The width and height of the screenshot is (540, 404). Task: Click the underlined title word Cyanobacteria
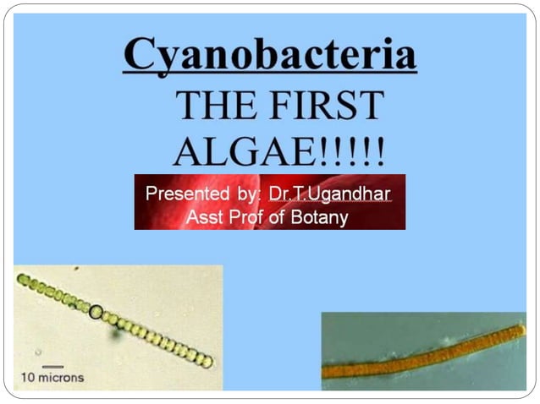tap(269, 56)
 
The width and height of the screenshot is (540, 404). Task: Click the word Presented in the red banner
tap(188, 194)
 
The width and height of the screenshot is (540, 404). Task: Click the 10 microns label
tap(52, 377)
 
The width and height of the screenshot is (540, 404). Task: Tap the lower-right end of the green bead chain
tap(208, 362)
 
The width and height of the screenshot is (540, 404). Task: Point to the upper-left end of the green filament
tap(20, 277)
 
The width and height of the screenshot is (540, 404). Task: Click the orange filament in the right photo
tap(423, 355)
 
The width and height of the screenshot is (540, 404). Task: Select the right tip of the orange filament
tap(521, 329)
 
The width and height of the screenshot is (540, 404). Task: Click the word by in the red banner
tap(247, 194)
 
